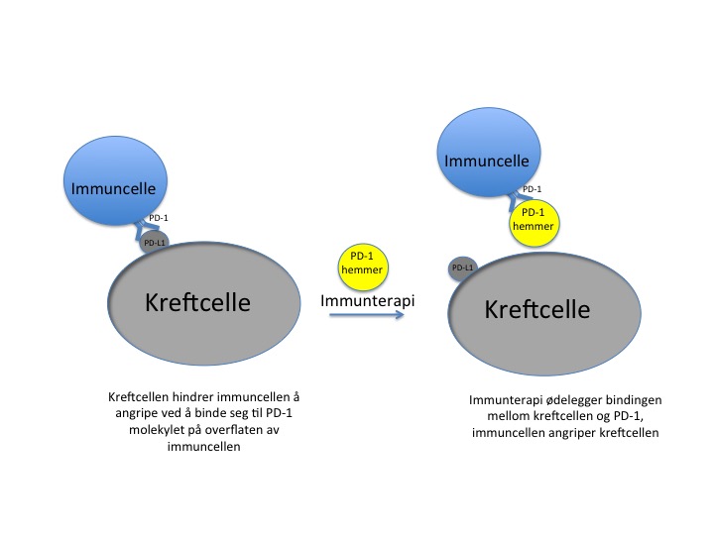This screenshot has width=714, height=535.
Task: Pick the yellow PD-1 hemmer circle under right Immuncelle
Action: (x=532, y=219)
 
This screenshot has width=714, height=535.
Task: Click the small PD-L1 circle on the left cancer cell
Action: (x=155, y=242)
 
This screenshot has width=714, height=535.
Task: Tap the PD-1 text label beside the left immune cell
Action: (x=158, y=217)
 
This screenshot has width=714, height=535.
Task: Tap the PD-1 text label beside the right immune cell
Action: (x=532, y=188)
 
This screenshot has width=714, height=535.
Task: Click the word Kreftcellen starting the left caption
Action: (x=136, y=397)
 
